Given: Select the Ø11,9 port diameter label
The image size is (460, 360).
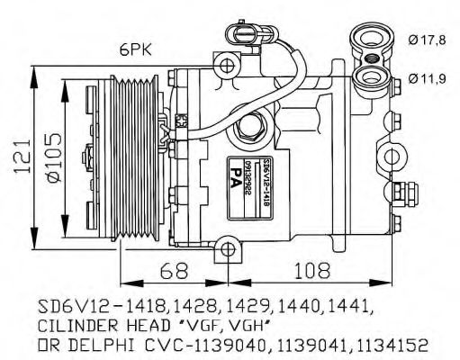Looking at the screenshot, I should pos(427,79).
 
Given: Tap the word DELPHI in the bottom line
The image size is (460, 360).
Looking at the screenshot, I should pos(99,344).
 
